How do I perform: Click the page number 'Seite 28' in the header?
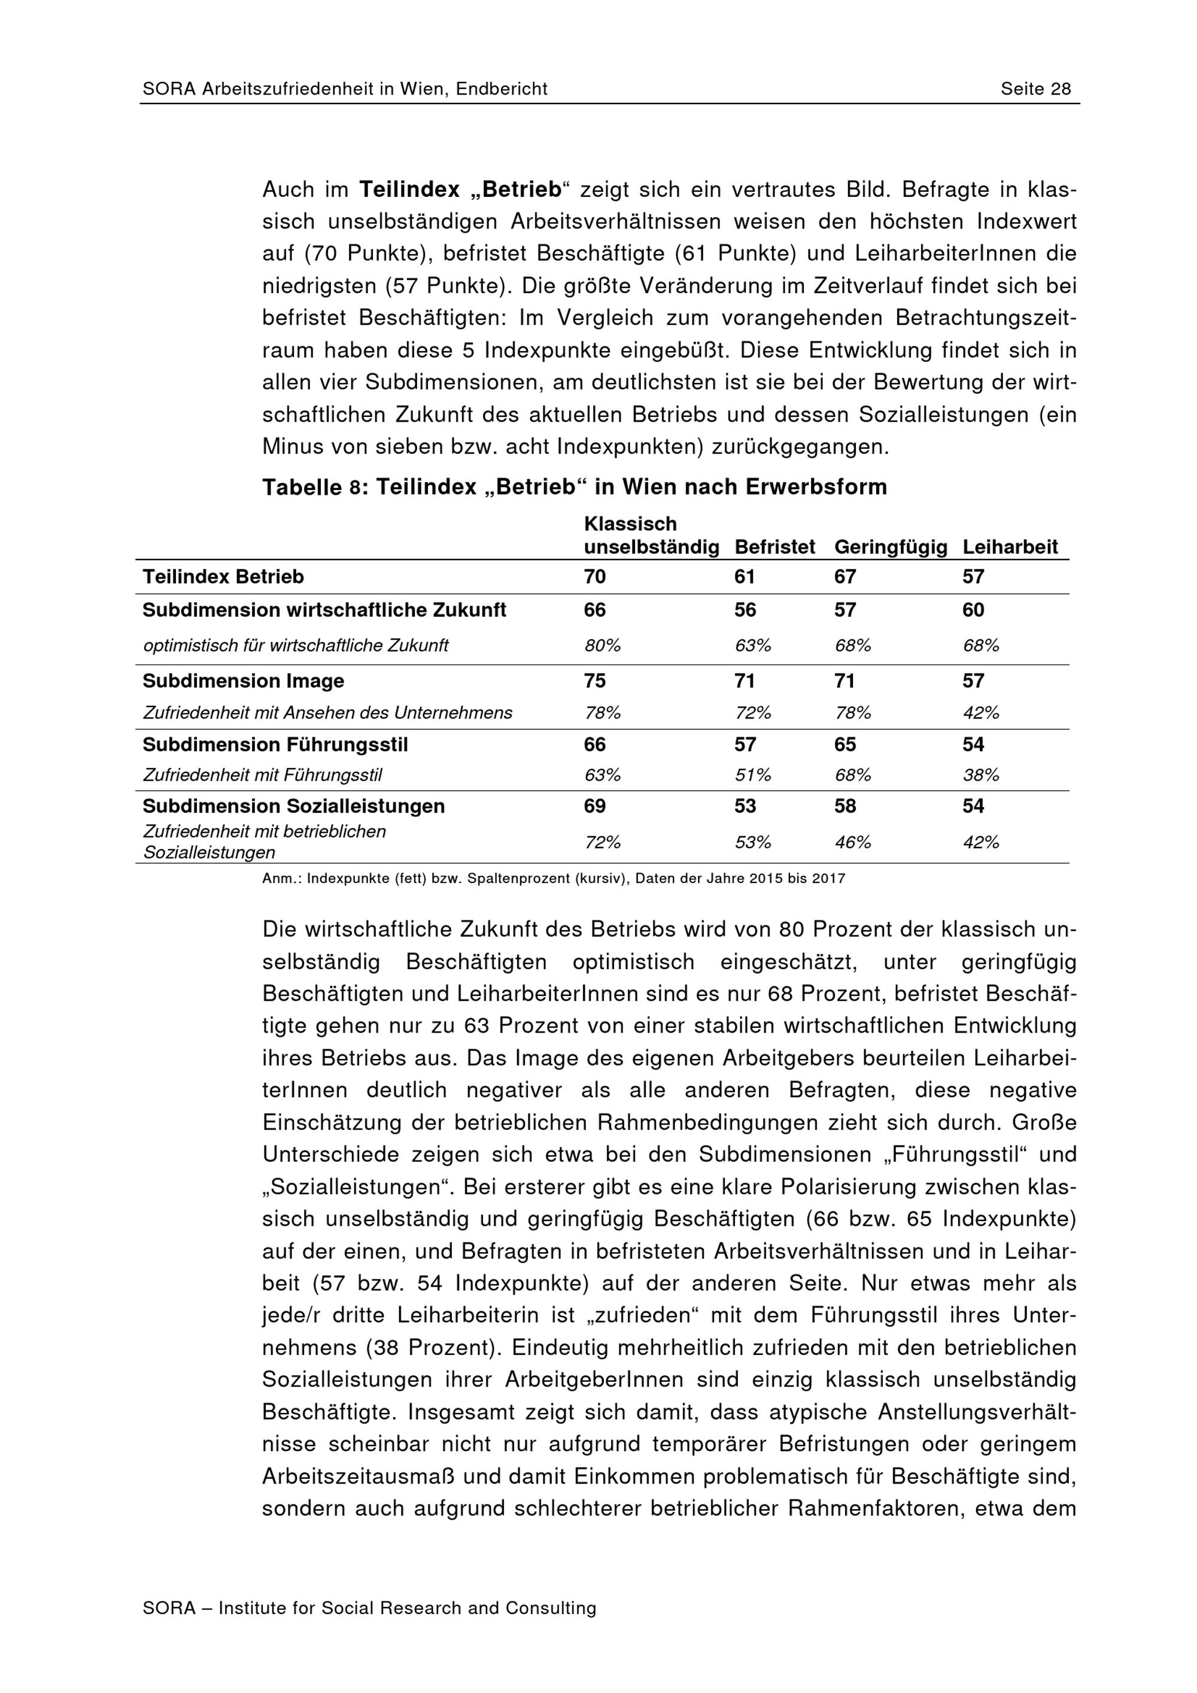coord(1035,89)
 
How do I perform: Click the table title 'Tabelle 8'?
coord(314,488)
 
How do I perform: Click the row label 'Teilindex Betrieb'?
coord(223,577)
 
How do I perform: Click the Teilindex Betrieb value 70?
coord(594,577)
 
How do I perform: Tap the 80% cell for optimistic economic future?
coord(602,646)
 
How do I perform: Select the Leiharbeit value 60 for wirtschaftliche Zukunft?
coord(973,610)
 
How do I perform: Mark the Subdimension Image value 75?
coord(594,681)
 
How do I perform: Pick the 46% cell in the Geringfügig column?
coord(853,842)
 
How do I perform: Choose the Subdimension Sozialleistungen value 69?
coord(594,806)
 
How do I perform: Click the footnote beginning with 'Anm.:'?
coord(553,879)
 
